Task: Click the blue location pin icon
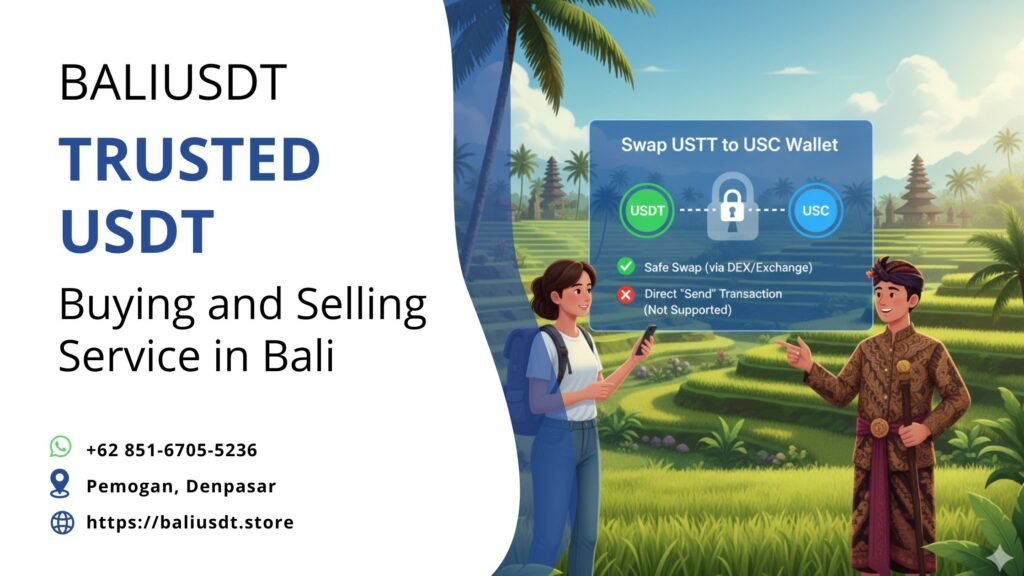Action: [62, 485]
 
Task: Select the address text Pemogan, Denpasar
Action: [181, 486]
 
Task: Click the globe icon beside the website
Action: [62, 522]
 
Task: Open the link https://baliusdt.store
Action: [190, 522]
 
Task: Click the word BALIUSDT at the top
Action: [173, 83]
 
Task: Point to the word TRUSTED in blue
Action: [189, 160]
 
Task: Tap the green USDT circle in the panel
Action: [648, 211]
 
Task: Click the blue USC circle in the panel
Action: [814, 211]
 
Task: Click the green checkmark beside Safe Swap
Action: [626, 267]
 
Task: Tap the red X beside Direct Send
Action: [626, 295]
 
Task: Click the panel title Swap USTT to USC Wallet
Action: [729, 145]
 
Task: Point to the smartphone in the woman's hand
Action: [646, 338]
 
